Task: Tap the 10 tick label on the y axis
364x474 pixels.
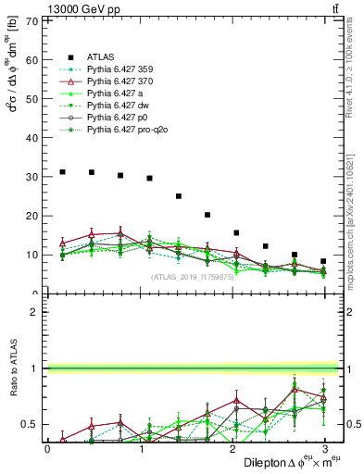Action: click(36, 255)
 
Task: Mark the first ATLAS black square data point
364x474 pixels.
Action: click(62, 171)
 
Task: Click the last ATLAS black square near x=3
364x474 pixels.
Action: click(323, 261)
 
